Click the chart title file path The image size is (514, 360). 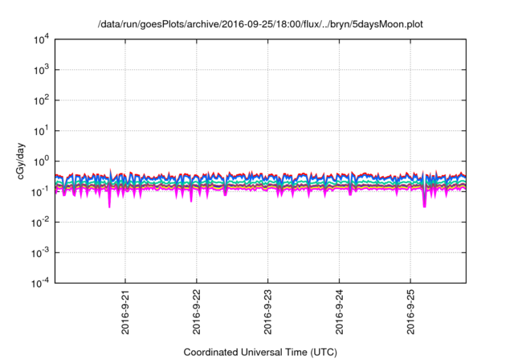[259, 25]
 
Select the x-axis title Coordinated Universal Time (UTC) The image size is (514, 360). [259, 352]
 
